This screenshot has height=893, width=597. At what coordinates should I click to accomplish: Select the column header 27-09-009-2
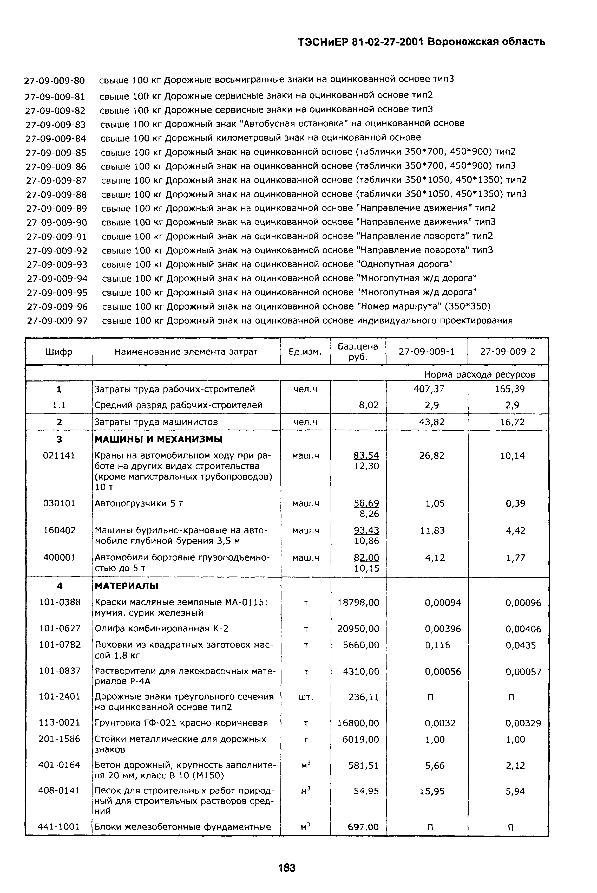point(508,351)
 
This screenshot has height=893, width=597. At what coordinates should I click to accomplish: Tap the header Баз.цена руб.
point(358,351)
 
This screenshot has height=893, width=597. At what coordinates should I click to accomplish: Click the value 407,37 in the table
point(431,389)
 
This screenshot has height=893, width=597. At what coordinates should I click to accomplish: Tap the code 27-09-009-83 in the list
point(56,125)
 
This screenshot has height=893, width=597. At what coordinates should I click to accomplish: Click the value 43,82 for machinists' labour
point(431,422)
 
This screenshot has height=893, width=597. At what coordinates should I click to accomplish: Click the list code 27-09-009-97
point(57,321)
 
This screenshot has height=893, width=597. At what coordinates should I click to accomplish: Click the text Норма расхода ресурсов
point(479,374)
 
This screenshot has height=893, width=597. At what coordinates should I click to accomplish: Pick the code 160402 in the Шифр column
point(60,530)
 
